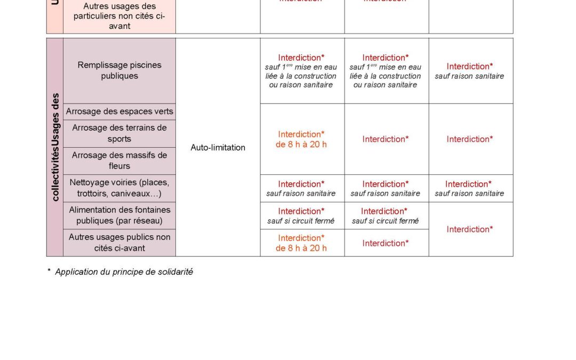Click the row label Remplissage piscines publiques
pos(119,70)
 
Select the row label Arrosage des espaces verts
pos(119,111)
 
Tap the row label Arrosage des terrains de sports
pos(119,133)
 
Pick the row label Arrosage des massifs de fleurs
pos(119,161)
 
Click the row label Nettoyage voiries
pos(119,188)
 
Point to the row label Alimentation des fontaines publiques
pos(119,215)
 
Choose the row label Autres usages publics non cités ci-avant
pos(119,243)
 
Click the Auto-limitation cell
pos(218,147)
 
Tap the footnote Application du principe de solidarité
pos(124,272)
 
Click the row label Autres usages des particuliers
pos(119,16)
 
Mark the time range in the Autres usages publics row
pos(301,248)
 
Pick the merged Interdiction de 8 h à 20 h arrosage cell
pos(301,139)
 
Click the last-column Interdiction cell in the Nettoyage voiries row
pos(470,188)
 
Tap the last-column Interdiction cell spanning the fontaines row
pos(470,229)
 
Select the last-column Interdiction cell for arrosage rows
pos(470,139)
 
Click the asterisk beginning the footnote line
pos(49,271)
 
